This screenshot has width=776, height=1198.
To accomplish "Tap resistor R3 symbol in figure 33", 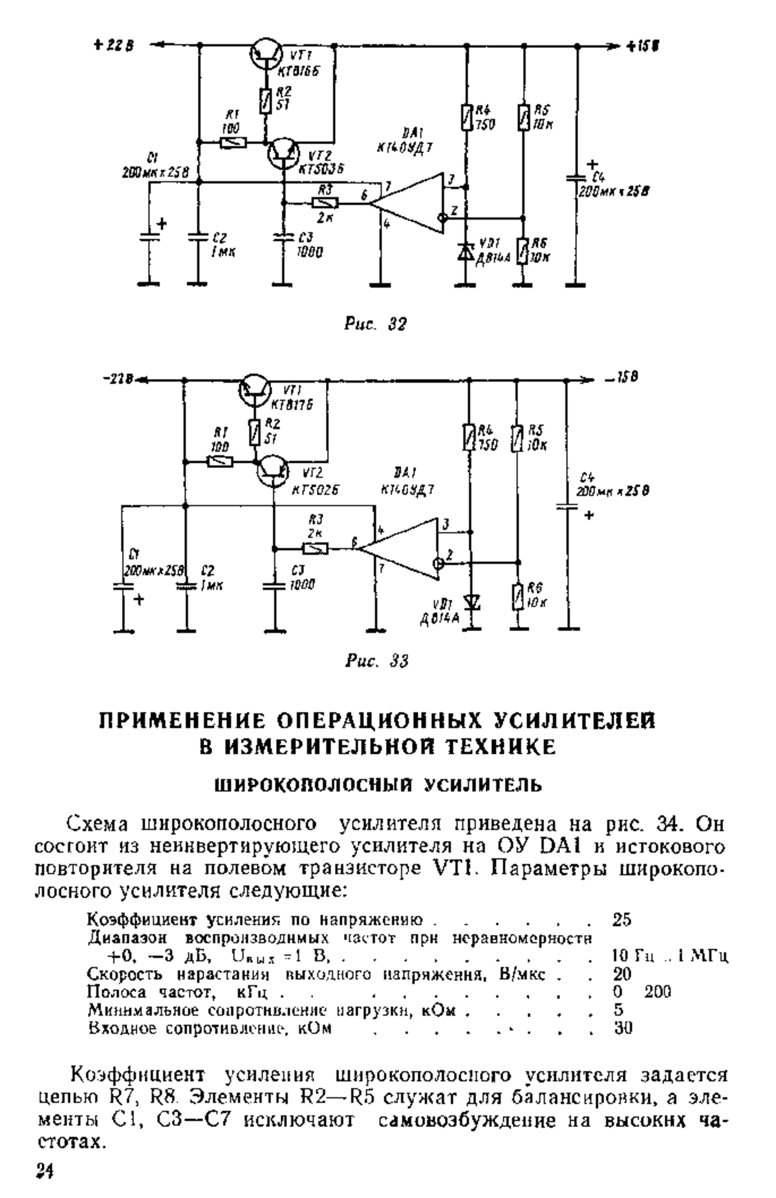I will pos(315,549).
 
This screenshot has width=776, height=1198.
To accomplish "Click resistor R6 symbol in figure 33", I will pos(518,596).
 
